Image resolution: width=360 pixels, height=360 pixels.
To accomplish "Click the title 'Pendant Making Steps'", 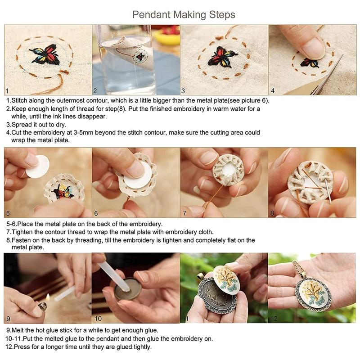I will point(184,14).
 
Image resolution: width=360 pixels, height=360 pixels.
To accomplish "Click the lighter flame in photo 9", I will point(47,298).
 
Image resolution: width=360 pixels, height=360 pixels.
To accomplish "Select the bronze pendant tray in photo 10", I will point(123,289).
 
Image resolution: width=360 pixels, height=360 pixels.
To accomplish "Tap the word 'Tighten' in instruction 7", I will point(23,232).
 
